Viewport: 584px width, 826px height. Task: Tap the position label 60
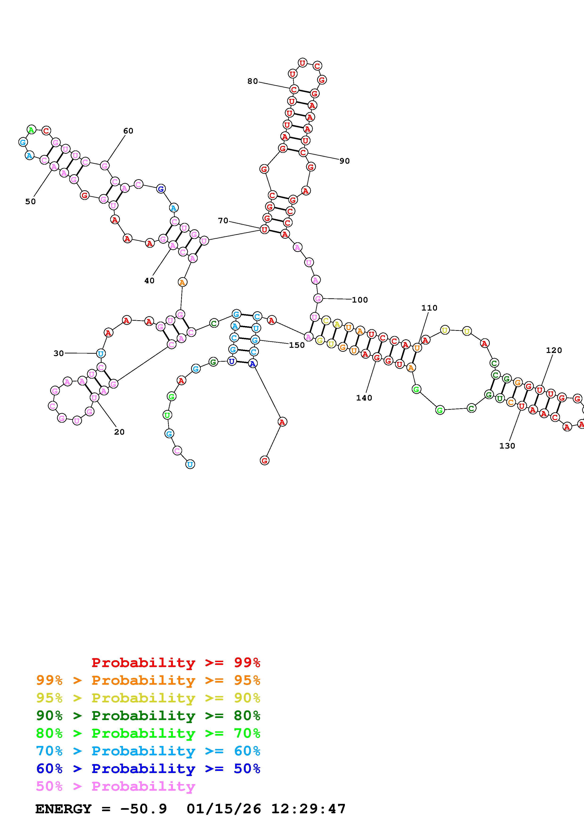click(128, 131)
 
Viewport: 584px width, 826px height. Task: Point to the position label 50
click(31, 202)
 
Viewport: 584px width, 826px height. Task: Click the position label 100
click(360, 300)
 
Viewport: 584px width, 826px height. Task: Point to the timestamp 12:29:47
click(308, 809)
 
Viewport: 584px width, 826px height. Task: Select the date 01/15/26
click(224, 809)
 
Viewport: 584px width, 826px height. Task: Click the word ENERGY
click(63, 809)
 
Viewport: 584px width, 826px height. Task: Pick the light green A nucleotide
click(31, 130)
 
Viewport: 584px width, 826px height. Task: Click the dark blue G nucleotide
click(161, 189)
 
